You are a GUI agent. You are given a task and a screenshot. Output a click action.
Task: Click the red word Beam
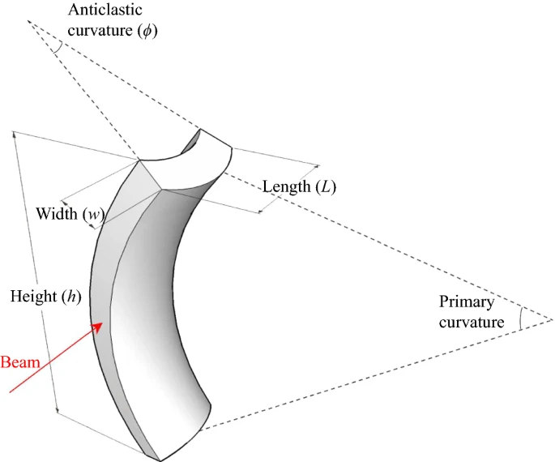(x=20, y=361)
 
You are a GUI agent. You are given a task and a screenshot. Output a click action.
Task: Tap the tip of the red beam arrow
(x=104, y=323)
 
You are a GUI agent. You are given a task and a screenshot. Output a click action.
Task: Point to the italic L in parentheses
(x=326, y=186)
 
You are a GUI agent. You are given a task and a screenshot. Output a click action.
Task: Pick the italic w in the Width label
(x=93, y=215)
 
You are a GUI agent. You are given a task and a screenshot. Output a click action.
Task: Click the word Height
(x=32, y=296)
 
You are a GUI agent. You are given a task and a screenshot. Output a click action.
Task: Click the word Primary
(x=465, y=302)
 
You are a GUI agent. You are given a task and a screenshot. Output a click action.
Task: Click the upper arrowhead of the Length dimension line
(x=317, y=167)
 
